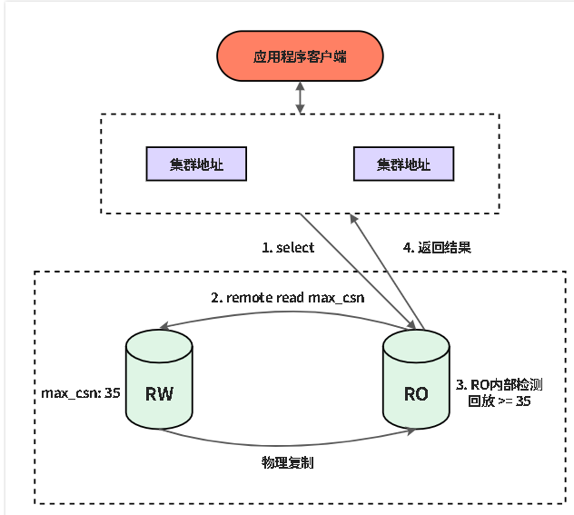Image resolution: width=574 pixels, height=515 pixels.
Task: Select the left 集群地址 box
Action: click(x=197, y=164)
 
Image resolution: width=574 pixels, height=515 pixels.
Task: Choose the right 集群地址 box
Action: click(x=402, y=164)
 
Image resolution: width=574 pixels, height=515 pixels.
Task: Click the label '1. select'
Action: click(x=288, y=247)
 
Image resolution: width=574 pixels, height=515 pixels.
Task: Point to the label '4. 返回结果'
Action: click(x=437, y=247)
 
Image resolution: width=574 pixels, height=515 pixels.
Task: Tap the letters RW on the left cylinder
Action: click(x=159, y=394)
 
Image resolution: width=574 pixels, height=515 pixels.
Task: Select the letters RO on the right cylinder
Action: click(x=416, y=394)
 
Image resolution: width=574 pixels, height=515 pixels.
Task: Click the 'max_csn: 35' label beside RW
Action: click(x=81, y=394)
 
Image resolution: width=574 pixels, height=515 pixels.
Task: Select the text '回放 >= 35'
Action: click(x=499, y=401)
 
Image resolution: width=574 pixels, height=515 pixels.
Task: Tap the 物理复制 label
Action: click(x=288, y=462)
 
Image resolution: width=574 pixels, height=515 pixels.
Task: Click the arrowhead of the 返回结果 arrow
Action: click(x=353, y=220)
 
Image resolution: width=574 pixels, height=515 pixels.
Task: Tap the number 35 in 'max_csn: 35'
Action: click(x=113, y=394)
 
